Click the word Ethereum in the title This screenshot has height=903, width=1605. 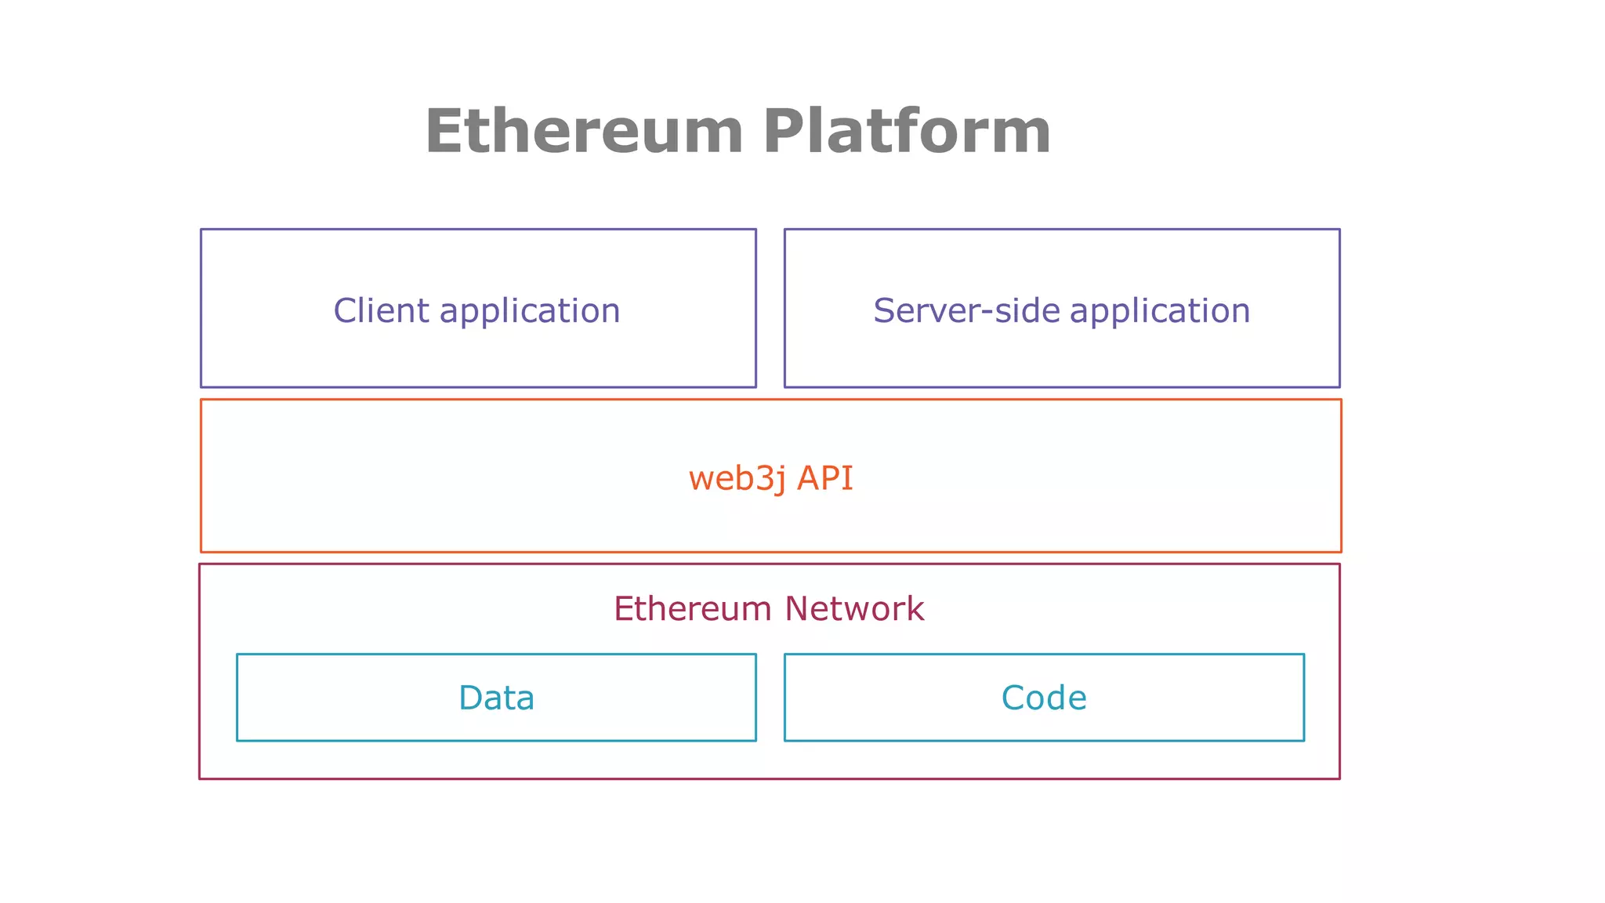pos(584,132)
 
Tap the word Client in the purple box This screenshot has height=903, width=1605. pos(382,310)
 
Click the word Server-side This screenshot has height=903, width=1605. pos(967,310)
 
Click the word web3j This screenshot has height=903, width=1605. pos(737,479)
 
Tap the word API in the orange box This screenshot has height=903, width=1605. pos(824,477)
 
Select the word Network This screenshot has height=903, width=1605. pos(854,609)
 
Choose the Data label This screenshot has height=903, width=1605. pos(496,698)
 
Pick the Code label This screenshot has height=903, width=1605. pos(1044,698)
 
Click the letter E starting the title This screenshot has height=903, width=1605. pos(444,132)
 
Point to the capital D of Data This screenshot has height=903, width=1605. pos(472,698)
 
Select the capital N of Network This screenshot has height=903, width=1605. pos(797,609)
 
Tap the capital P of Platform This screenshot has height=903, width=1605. pos(784,132)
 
